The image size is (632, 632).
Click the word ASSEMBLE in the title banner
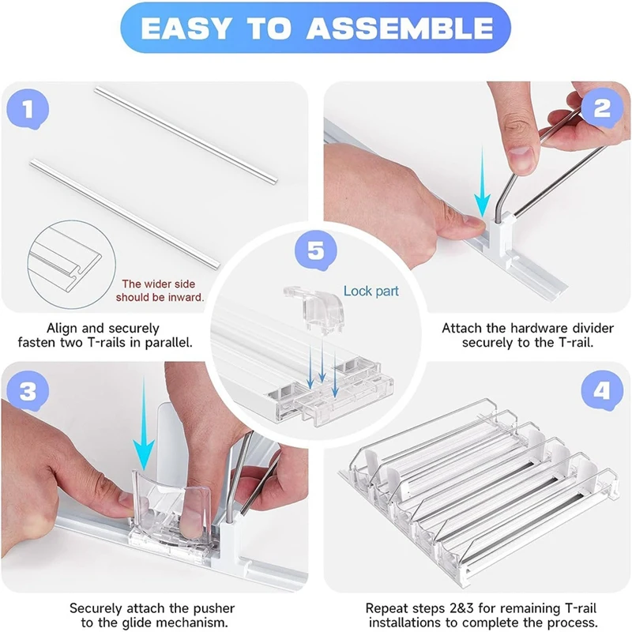coord(400,28)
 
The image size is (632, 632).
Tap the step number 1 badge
coord(28,110)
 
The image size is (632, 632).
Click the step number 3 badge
coord(28,391)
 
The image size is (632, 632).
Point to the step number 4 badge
coord(602,390)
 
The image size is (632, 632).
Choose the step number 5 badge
coord(315,250)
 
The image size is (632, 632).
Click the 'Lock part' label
coord(371,291)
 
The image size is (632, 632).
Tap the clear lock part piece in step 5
coord(314,307)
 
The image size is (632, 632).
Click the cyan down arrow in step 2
coord(482,182)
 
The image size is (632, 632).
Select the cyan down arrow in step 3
coord(144,423)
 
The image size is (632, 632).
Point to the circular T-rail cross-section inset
coord(72,265)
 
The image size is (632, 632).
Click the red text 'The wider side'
coord(159,284)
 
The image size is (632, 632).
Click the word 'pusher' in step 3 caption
coord(213,608)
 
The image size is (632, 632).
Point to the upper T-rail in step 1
coord(186,134)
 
